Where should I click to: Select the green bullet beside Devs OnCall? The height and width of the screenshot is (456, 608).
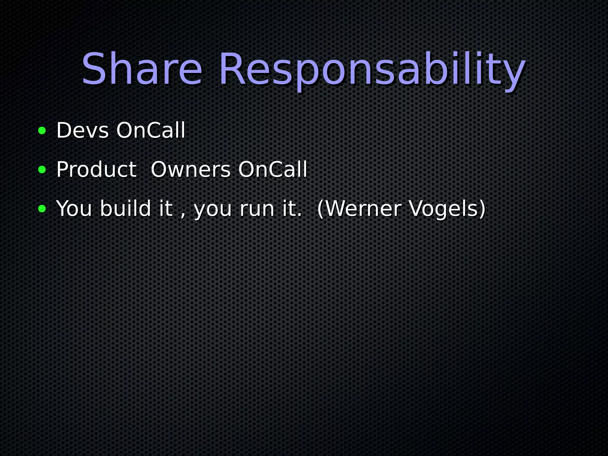click(x=42, y=130)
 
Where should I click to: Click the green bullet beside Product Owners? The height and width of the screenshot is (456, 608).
click(x=42, y=170)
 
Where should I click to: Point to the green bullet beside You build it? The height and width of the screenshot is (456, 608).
click(x=42, y=209)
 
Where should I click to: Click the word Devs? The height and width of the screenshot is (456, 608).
click(x=83, y=130)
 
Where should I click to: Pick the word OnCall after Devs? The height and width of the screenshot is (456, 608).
click(x=151, y=130)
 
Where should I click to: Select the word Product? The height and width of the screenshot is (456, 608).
click(x=96, y=170)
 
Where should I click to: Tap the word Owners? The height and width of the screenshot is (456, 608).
click(x=191, y=170)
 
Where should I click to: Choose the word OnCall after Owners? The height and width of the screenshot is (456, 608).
click(x=273, y=170)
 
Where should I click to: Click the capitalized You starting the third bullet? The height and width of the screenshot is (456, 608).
click(x=74, y=209)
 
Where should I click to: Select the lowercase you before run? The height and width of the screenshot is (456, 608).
click(x=213, y=210)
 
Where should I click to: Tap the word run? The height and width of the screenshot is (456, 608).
click(x=257, y=210)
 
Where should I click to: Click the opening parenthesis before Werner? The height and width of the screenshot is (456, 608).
click(x=320, y=209)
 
